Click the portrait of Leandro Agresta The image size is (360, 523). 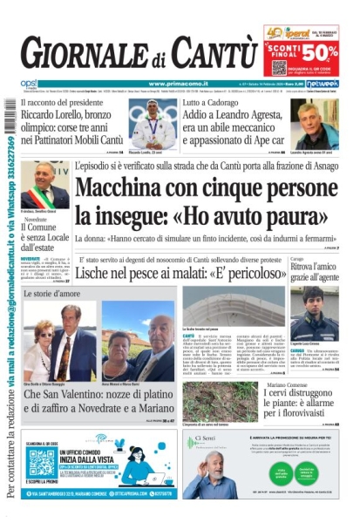[x=316, y=124]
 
